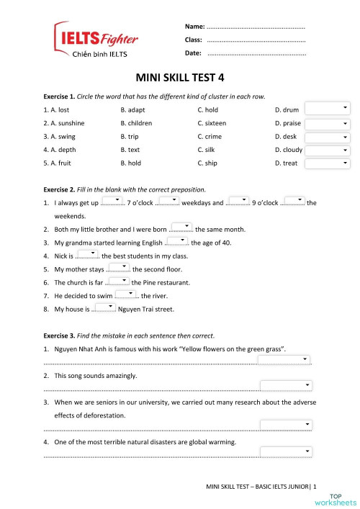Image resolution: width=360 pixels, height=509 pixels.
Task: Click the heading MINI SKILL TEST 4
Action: pos(180,77)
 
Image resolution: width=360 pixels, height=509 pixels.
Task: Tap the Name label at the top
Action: pos(195,26)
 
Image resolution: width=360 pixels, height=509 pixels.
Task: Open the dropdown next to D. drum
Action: pos(327,109)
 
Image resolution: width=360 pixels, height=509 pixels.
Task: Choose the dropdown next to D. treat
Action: pos(327,164)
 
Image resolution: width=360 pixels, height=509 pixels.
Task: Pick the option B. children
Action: pos(136,123)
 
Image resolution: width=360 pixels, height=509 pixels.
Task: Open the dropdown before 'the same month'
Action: pos(182,228)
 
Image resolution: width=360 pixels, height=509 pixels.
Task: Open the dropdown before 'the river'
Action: pos(126,294)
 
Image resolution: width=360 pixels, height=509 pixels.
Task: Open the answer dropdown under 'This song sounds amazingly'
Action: pos(285,385)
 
